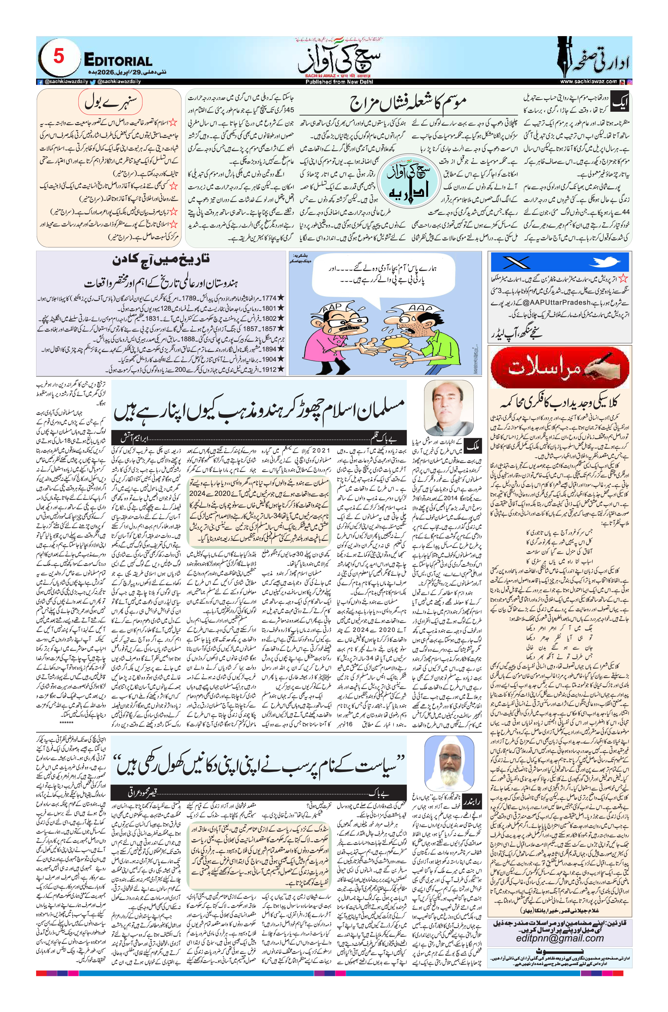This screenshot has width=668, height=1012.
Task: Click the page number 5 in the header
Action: pos(59,56)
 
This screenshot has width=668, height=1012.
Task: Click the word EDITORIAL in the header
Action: pos(118,61)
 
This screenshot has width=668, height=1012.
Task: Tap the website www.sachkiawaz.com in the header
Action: pos(588,81)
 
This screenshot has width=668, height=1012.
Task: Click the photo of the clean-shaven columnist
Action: pos(449,407)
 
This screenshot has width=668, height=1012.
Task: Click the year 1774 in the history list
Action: pos(269,298)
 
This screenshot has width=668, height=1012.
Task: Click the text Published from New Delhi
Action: pos(339,82)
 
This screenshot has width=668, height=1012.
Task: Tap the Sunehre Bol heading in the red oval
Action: pos(110,102)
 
